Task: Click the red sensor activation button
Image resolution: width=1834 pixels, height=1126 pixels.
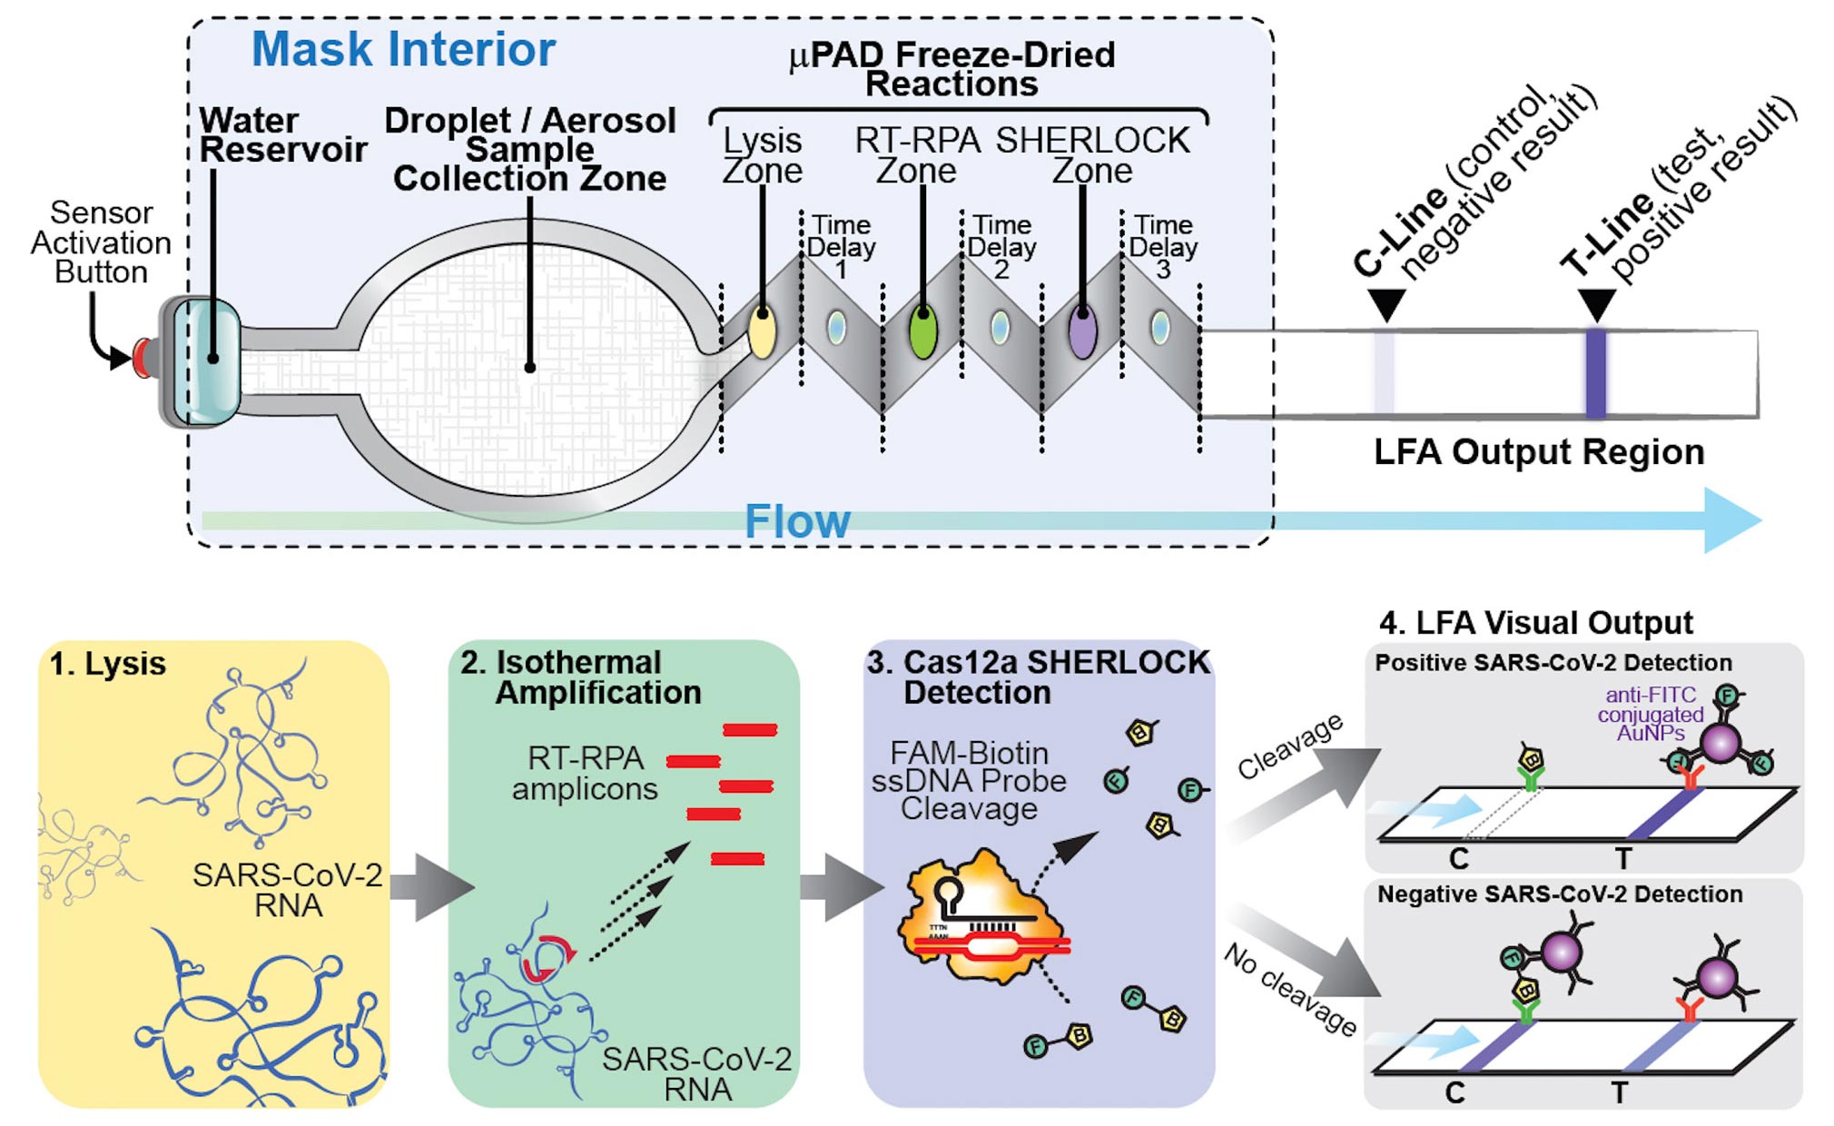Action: pos(143,358)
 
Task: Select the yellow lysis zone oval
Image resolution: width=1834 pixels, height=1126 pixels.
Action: pos(762,332)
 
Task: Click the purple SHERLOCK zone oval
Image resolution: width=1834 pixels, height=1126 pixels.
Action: pos(1082,332)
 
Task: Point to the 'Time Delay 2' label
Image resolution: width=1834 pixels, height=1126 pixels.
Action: pos(1001,247)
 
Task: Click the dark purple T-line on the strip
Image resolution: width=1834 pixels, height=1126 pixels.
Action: pos(1595,372)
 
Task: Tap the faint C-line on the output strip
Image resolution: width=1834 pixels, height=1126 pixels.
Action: pos(1384,372)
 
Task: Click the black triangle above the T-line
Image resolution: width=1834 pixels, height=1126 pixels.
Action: pos(1596,302)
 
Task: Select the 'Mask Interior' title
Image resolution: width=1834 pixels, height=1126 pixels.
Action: pos(403,49)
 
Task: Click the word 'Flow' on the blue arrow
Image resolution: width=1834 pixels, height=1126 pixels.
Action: pos(797,522)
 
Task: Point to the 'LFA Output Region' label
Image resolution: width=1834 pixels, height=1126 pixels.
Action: pos(1538,452)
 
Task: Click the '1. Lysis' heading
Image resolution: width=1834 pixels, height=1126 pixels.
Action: pos(108,664)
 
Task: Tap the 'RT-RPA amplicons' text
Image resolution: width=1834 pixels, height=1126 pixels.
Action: pos(585,773)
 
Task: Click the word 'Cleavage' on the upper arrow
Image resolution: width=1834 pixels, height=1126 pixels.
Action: pos(1290,746)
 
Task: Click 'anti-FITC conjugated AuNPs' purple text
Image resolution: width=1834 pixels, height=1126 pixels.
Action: pos(1650,714)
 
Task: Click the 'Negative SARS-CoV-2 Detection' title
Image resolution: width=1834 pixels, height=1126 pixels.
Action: pos(1560,894)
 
